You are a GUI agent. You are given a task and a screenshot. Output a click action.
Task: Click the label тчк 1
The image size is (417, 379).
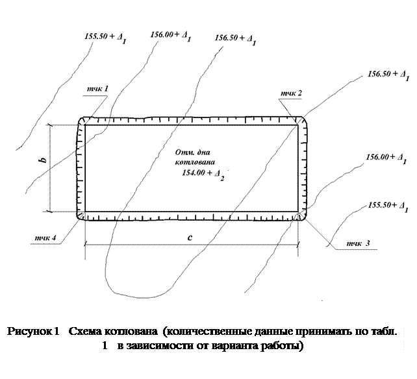pyautogui.click(x=97, y=88)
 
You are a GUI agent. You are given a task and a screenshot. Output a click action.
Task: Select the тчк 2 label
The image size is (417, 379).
pyautogui.click(x=290, y=94)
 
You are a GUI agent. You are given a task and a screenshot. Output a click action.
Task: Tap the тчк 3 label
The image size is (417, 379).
pyautogui.click(x=357, y=243)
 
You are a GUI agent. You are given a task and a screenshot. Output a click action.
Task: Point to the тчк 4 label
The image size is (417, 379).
pyautogui.click(x=49, y=238)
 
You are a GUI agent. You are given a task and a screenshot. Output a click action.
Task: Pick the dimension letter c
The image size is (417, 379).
pyautogui.click(x=190, y=238)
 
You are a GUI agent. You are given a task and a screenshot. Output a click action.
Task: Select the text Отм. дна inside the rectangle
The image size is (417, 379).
pyautogui.click(x=192, y=152)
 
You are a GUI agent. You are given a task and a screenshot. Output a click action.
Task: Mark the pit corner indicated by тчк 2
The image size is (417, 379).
pyautogui.click(x=301, y=122)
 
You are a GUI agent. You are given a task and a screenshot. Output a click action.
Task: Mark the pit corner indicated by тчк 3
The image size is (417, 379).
pyautogui.click(x=300, y=215)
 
